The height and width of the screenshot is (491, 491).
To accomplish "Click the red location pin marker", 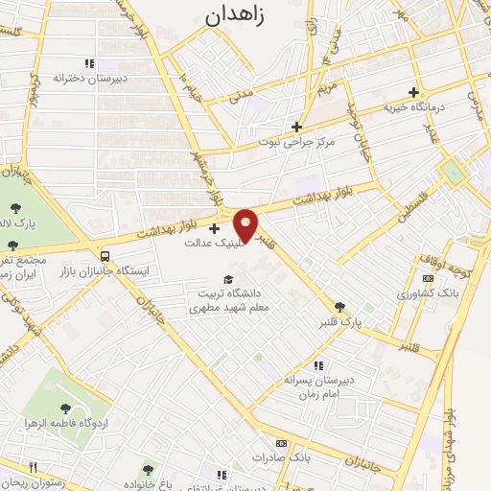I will pyautogui.click(x=246, y=225).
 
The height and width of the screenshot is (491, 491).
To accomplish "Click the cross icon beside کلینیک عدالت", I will pyautogui.click(x=213, y=228).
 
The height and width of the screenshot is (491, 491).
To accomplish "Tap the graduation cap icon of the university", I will pyautogui.click(x=227, y=279).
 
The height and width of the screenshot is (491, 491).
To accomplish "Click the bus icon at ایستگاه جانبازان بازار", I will pyautogui.click(x=104, y=256).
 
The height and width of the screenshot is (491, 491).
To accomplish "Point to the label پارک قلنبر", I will pyautogui.click(x=341, y=323).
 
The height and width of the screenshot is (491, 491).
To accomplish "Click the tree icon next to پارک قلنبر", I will pyautogui.click(x=339, y=306).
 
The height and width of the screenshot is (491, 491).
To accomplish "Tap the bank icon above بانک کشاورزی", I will pyautogui.click(x=404, y=274).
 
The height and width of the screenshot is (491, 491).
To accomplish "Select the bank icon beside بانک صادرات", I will pyautogui.click(x=280, y=443).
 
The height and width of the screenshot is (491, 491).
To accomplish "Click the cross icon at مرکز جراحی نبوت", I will pyautogui.click(x=297, y=127).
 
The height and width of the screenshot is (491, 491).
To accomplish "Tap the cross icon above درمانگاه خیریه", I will pyautogui.click(x=413, y=93).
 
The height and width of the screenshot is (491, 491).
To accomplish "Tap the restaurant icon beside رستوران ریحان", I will pyautogui.click(x=33, y=467).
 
